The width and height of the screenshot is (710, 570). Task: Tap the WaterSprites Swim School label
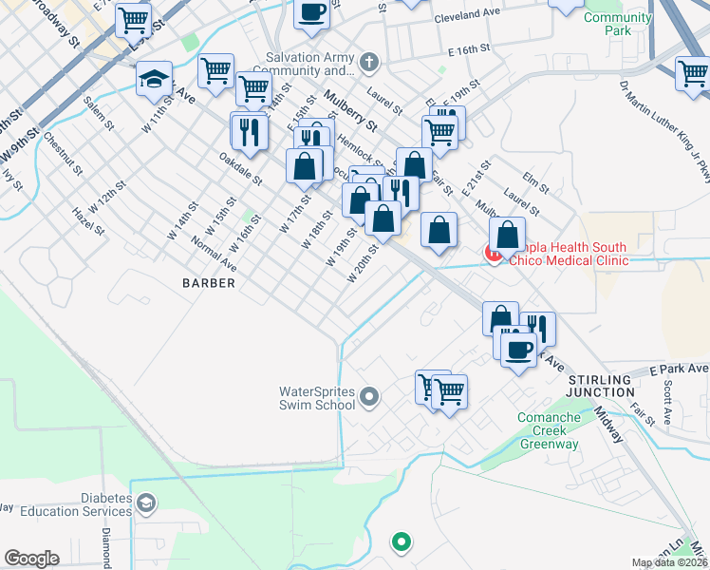[316, 397]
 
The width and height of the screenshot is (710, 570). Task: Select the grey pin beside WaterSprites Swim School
[370, 396]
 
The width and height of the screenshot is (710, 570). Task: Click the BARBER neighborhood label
[209, 283]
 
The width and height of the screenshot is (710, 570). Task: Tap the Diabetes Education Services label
[92, 505]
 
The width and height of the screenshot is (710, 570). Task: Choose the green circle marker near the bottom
[402, 542]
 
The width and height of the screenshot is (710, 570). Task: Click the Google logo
[31, 559]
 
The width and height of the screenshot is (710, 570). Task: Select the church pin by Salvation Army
[370, 64]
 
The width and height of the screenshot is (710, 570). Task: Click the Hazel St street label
[86, 224]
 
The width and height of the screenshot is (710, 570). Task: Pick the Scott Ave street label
[669, 403]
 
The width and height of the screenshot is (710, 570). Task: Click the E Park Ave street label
[679, 369]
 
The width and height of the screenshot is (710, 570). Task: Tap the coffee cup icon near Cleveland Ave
[311, 10]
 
